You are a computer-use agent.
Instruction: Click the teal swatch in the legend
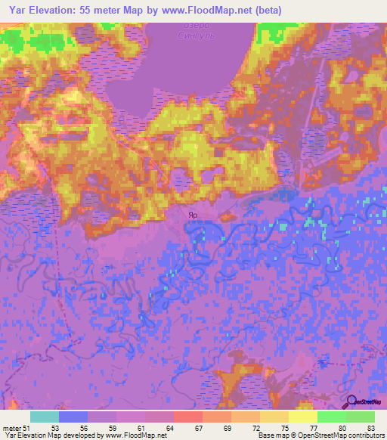pos(45,417)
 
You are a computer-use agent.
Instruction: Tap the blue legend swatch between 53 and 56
pos(73,417)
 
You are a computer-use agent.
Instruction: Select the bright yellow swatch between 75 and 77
pos(303,417)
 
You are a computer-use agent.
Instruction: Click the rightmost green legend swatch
pos(361,417)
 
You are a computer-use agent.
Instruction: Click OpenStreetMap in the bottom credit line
pos(311,435)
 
